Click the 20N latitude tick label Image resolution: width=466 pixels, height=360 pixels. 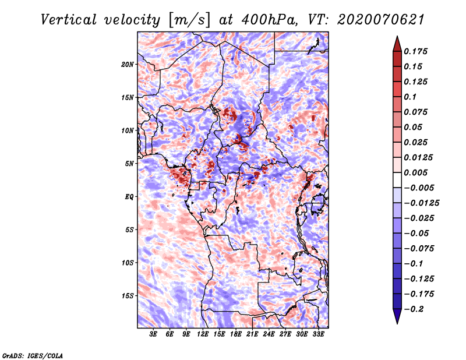(128, 64)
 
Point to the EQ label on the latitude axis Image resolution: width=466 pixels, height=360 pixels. (129, 197)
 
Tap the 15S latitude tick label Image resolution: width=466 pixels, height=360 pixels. (128, 296)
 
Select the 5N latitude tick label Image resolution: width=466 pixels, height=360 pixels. (129, 164)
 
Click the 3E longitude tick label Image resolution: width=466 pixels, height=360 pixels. (154, 334)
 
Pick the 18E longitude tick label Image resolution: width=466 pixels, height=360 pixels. (236, 334)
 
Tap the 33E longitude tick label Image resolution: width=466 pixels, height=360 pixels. (318, 334)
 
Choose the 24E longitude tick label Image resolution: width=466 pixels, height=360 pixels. (269, 334)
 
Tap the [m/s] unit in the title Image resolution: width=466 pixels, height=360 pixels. (190, 19)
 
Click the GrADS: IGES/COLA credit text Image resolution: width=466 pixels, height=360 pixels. (32, 355)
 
